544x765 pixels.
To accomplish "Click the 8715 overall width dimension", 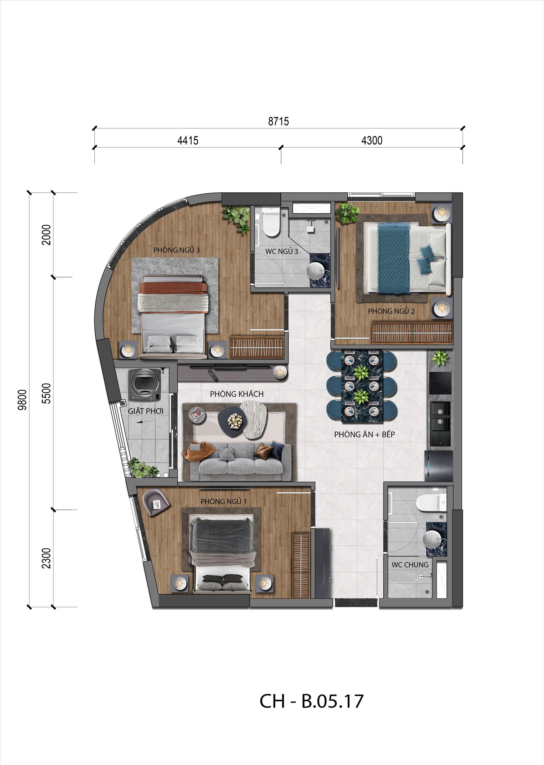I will (x=278, y=121).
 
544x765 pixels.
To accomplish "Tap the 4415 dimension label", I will (x=188, y=140).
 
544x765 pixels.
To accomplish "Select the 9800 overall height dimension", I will (x=22, y=400).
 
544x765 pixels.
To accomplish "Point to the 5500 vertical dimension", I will (x=46, y=393).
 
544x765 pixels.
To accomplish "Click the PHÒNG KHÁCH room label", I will (x=236, y=394).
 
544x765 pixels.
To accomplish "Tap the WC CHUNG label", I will (x=410, y=564).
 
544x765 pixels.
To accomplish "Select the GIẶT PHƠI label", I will (x=145, y=411).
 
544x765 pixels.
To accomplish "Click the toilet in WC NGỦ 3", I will (x=271, y=222).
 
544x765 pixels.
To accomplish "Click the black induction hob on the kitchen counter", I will (x=440, y=383).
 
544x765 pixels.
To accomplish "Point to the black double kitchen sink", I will (x=440, y=416).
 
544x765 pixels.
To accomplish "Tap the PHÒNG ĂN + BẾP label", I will (x=364, y=434).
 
